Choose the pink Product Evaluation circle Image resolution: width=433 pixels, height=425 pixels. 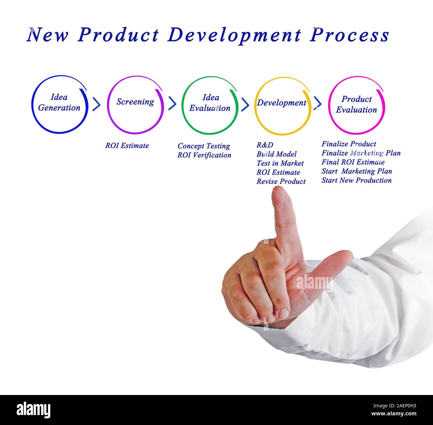coord(356,105)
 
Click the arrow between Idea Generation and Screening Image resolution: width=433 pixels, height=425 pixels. coord(96,104)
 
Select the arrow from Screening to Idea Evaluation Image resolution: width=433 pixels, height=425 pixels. coord(172,103)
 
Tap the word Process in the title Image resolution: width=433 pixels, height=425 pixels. coord(349,35)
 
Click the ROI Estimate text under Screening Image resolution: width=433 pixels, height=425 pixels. coord(127,146)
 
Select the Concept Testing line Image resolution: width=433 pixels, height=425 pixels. coord(204,146)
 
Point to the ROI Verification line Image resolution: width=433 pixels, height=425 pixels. coord(204,155)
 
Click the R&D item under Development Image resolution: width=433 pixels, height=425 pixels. coord(265,145)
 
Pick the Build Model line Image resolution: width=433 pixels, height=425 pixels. coord(276,154)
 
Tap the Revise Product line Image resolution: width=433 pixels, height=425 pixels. coord(281,182)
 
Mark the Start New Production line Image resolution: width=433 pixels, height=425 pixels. coord(356,180)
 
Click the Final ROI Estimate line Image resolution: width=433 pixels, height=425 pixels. coord(353,162)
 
